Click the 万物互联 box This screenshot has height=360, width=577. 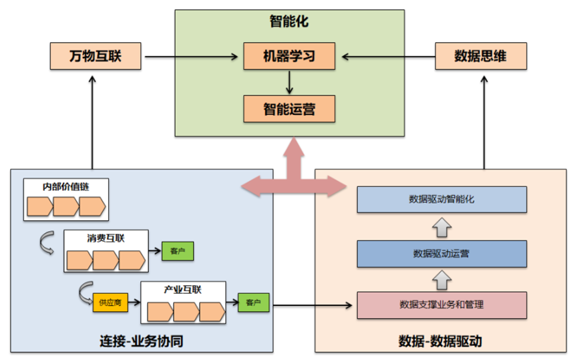click(x=95, y=55)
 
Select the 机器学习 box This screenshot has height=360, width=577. click(x=288, y=55)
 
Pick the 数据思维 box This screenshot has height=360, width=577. click(x=480, y=55)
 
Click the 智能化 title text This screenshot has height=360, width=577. click(x=288, y=21)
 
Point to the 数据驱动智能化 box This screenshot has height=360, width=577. click(x=441, y=199)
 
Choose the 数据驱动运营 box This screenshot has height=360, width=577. click(x=441, y=253)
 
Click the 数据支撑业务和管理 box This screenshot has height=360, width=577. click(x=441, y=305)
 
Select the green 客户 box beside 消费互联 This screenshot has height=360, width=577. click(x=177, y=251)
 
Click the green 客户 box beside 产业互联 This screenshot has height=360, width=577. click(x=253, y=303)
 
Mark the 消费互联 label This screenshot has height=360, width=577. click(x=106, y=238)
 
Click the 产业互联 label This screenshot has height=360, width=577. click(x=182, y=289)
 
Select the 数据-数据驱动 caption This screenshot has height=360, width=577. click(x=440, y=341)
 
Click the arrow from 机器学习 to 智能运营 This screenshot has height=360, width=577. click(x=288, y=82)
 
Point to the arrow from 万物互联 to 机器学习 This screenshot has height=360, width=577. click(x=192, y=56)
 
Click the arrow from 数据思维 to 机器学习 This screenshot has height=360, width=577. click(x=385, y=56)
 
